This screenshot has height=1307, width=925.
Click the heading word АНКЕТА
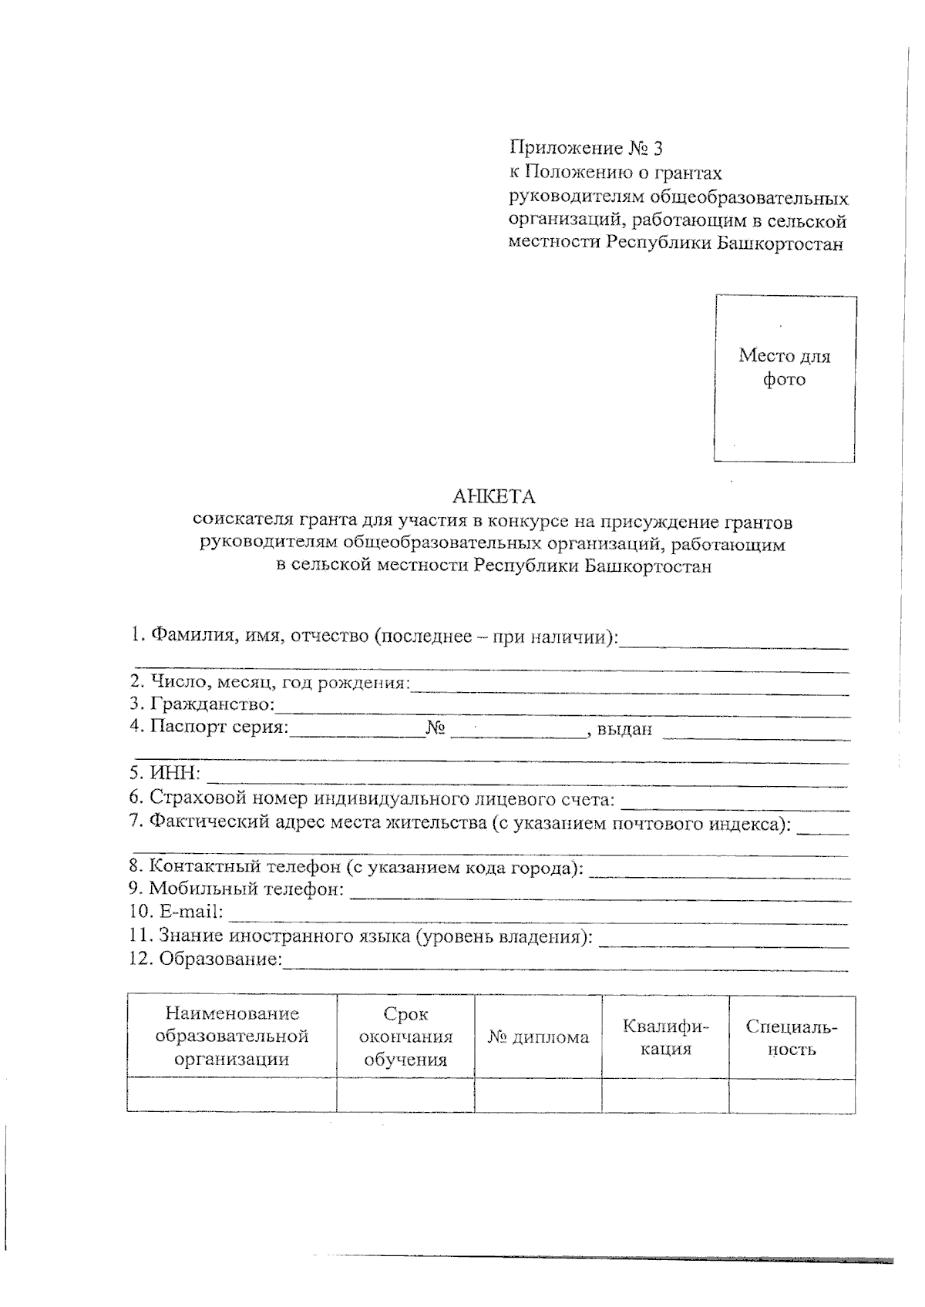494,496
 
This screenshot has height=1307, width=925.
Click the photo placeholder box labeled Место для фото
784,378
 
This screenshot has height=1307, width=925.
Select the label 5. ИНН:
165,773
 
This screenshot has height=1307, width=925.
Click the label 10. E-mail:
177,912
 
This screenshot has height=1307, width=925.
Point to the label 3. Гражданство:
202,704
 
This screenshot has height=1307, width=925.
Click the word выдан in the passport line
624,728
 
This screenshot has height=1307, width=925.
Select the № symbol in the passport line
436,728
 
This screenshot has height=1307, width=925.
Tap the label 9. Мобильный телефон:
237,889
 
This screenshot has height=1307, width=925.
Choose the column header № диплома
538,1037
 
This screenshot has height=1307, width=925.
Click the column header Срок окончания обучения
405,1037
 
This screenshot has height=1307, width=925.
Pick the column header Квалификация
665,1037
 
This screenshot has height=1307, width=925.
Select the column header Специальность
792,1037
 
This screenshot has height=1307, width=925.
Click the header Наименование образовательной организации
231,1037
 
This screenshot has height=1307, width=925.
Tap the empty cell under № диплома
538,1095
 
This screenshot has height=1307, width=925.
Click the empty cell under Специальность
792,1095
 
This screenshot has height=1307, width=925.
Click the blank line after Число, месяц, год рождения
628,686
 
